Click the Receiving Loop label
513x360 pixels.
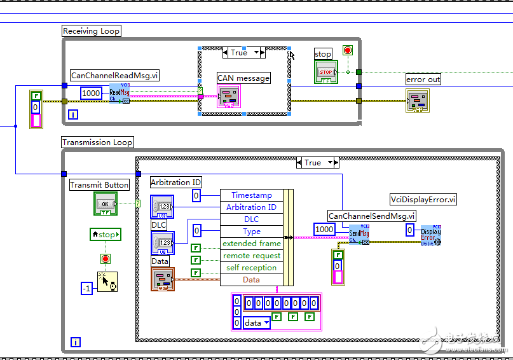click(x=92, y=31)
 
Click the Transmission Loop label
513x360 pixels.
click(x=98, y=142)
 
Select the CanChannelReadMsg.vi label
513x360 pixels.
click(x=114, y=75)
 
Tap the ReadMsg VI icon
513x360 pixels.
click(x=120, y=93)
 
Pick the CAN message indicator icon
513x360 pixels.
click(x=229, y=97)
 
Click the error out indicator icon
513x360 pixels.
click(x=417, y=100)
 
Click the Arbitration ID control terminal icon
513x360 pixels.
click(x=161, y=207)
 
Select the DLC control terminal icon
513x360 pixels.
click(x=161, y=243)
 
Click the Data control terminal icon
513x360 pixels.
click(x=161, y=279)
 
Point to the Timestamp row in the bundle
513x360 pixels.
click(x=251, y=195)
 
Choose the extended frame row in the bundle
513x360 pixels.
click(x=251, y=244)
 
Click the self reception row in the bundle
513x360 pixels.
click(x=251, y=268)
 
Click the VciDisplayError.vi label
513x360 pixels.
click(x=423, y=199)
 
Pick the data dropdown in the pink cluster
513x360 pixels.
click(x=257, y=322)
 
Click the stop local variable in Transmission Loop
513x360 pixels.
click(x=105, y=235)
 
